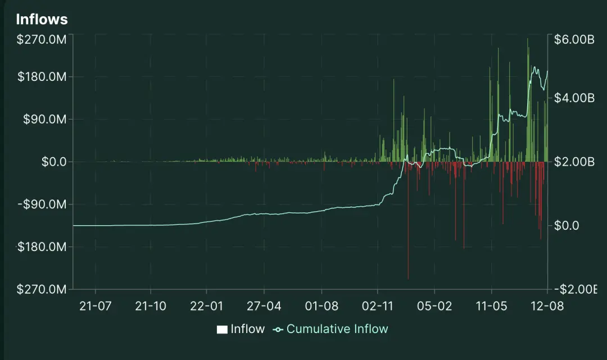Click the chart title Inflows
click(42, 19)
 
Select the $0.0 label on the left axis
click(54, 162)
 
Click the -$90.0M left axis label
click(42, 204)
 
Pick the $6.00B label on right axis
click(574, 40)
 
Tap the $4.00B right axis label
click(574, 98)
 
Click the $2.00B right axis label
click(574, 162)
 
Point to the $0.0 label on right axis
click(567, 226)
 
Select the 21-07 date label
click(96, 306)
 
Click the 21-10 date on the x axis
click(151, 306)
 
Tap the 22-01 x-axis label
click(207, 306)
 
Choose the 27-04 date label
click(264, 306)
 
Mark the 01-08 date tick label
click(321, 306)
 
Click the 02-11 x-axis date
click(378, 306)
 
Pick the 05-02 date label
click(434, 306)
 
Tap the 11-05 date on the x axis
click(491, 306)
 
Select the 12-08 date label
click(547, 306)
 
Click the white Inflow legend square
click(222, 330)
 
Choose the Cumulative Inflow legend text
click(337, 329)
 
